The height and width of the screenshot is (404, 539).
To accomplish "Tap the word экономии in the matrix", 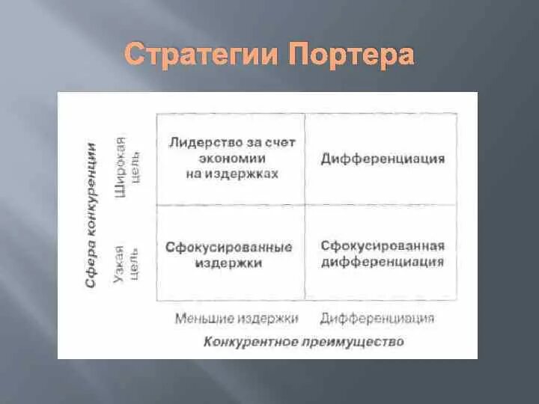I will (231, 158).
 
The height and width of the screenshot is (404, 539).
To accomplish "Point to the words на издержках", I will (231, 173).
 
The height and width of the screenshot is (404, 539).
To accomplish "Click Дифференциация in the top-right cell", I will (383, 159).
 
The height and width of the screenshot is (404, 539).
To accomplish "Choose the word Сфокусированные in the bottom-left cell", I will (229, 247).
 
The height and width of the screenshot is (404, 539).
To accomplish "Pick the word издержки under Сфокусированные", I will (229, 263).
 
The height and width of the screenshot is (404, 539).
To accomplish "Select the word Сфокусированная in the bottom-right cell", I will (383, 246).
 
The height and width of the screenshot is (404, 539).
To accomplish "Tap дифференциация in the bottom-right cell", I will (383, 262).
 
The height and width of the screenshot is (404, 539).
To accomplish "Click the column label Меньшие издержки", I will (237, 319).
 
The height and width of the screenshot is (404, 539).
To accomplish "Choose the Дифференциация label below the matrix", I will (377, 319).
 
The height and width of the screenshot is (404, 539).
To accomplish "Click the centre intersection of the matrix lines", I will (305, 205).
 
